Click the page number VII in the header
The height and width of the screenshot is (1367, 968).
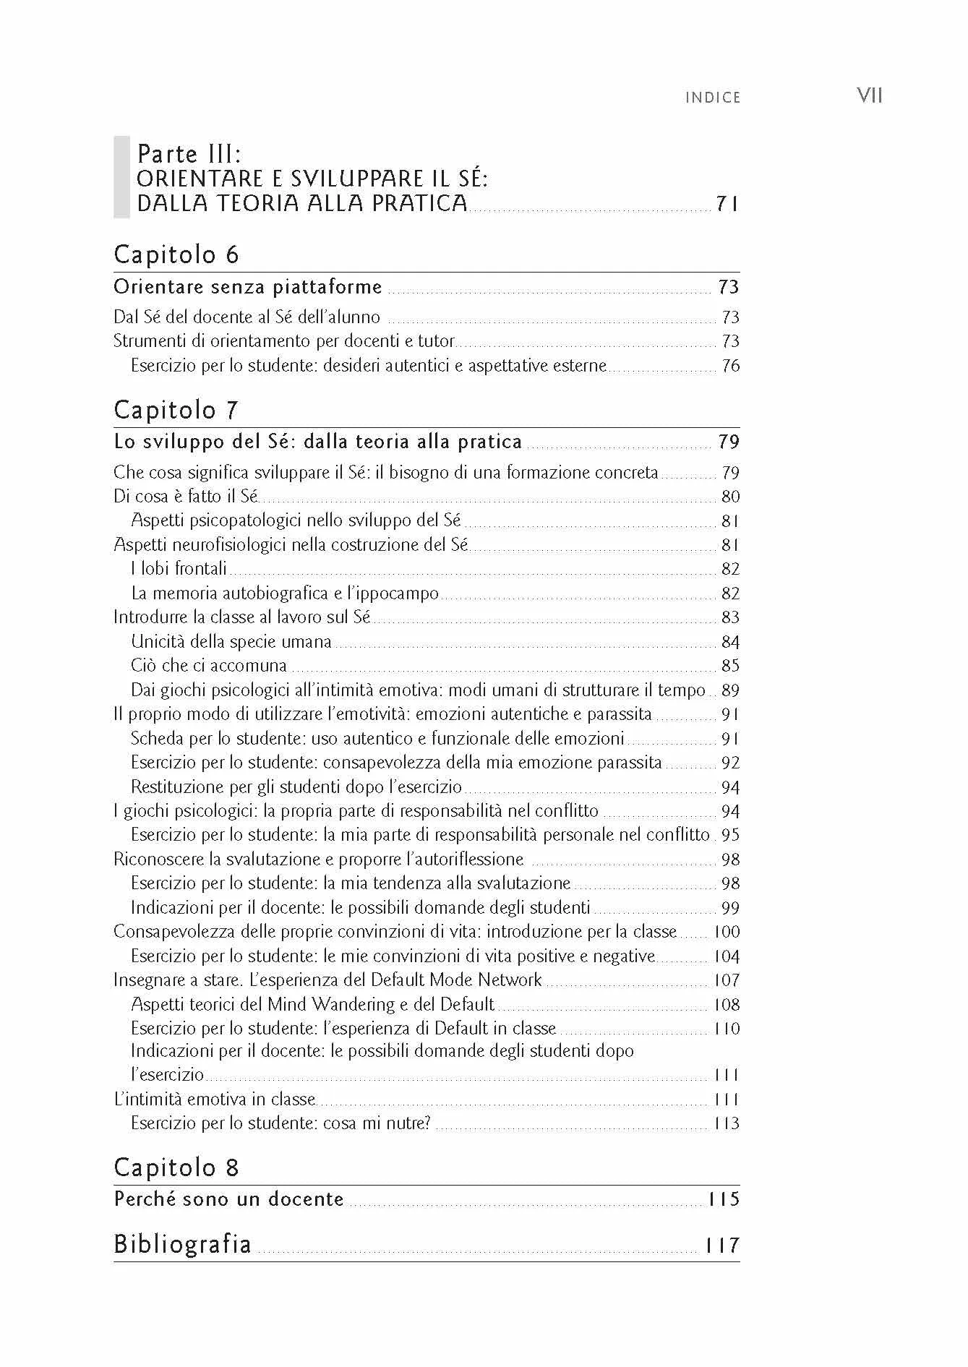click(x=869, y=95)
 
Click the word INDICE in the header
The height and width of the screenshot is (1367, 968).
click(x=713, y=98)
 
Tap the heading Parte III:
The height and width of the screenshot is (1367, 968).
click(x=189, y=154)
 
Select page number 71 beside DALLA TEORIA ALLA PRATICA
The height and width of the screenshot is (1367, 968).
click(x=727, y=204)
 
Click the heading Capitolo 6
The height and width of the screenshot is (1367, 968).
click(x=176, y=254)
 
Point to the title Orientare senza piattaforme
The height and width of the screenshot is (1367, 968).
click(x=248, y=287)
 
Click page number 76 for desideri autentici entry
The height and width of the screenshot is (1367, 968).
click(x=730, y=366)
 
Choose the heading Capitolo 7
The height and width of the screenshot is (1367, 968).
click(x=176, y=410)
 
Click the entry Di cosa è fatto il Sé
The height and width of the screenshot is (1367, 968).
click(x=186, y=497)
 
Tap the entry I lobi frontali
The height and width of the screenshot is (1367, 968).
click(x=179, y=569)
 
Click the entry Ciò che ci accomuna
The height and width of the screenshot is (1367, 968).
click(x=209, y=666)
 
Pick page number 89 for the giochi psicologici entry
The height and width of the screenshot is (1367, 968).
click(x=730, y=690)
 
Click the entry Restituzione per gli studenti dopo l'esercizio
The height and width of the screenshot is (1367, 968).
click(x=296, y=787)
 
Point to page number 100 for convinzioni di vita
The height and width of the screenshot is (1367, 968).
click(x=727, y=932)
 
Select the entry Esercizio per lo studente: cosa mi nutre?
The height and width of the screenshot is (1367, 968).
click(x=280, y=1123)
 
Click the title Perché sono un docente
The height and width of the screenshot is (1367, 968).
click(x=228, y=1199)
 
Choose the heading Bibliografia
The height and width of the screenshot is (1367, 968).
click(x=183, y=1244)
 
